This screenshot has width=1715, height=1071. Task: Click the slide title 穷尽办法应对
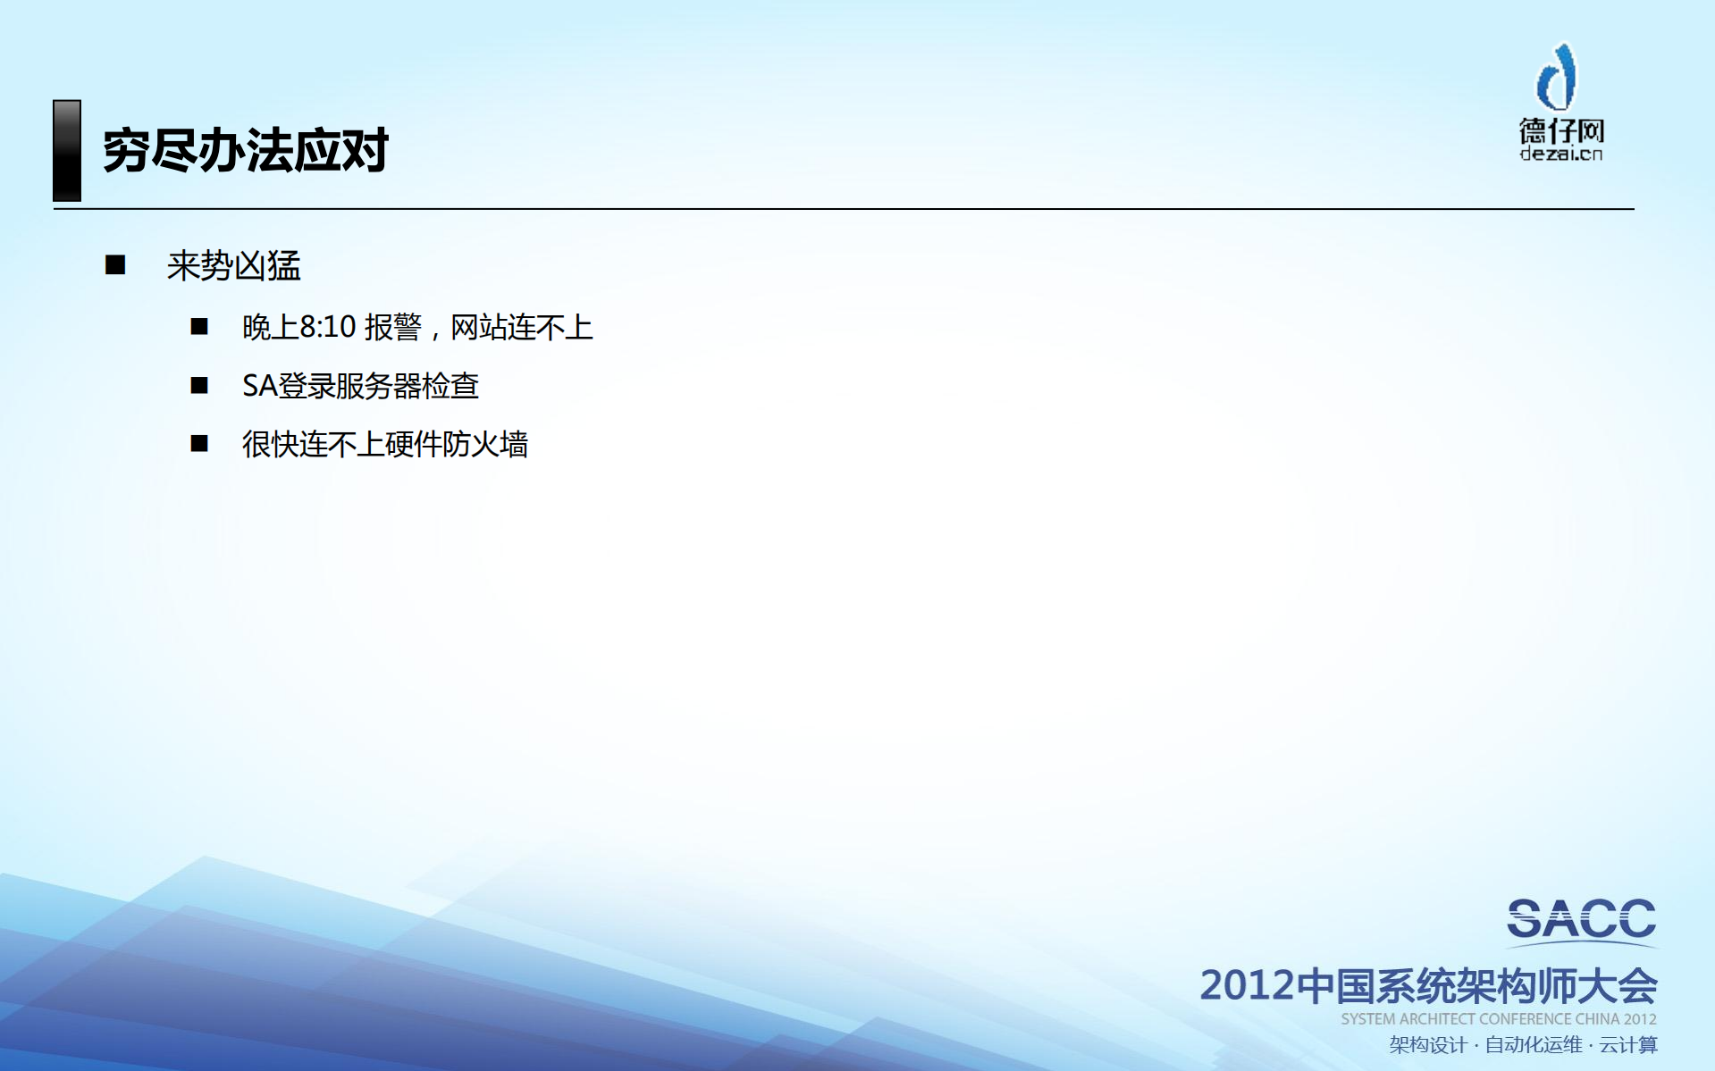[245, 150]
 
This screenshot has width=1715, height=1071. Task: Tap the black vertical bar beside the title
[67, 150]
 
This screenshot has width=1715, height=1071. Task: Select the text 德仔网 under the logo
[1561, 130]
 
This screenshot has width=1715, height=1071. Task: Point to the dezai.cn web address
[1561, 155]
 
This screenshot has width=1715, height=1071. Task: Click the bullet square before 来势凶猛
[115, 264]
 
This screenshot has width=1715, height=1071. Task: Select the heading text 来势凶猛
[233, 266]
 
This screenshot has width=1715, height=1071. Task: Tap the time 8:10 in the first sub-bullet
[328, 327]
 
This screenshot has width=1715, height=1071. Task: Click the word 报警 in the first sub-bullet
[392, 327]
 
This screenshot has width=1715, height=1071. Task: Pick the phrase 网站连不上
[521, 327]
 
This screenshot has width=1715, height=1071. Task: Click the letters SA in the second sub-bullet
[259, 386]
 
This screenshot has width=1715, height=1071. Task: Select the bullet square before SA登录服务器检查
[199, 385]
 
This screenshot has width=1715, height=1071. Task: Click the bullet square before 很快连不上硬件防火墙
[199, 443]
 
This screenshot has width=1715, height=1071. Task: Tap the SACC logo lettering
[1581, 920]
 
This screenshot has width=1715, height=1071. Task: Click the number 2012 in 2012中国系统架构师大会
[1247, 985]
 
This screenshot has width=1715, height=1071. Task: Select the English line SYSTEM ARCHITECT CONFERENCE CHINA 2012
[1498, 1019]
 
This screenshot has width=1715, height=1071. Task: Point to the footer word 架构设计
[1427, 1045]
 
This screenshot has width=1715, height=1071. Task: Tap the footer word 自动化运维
[1533, 1045]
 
